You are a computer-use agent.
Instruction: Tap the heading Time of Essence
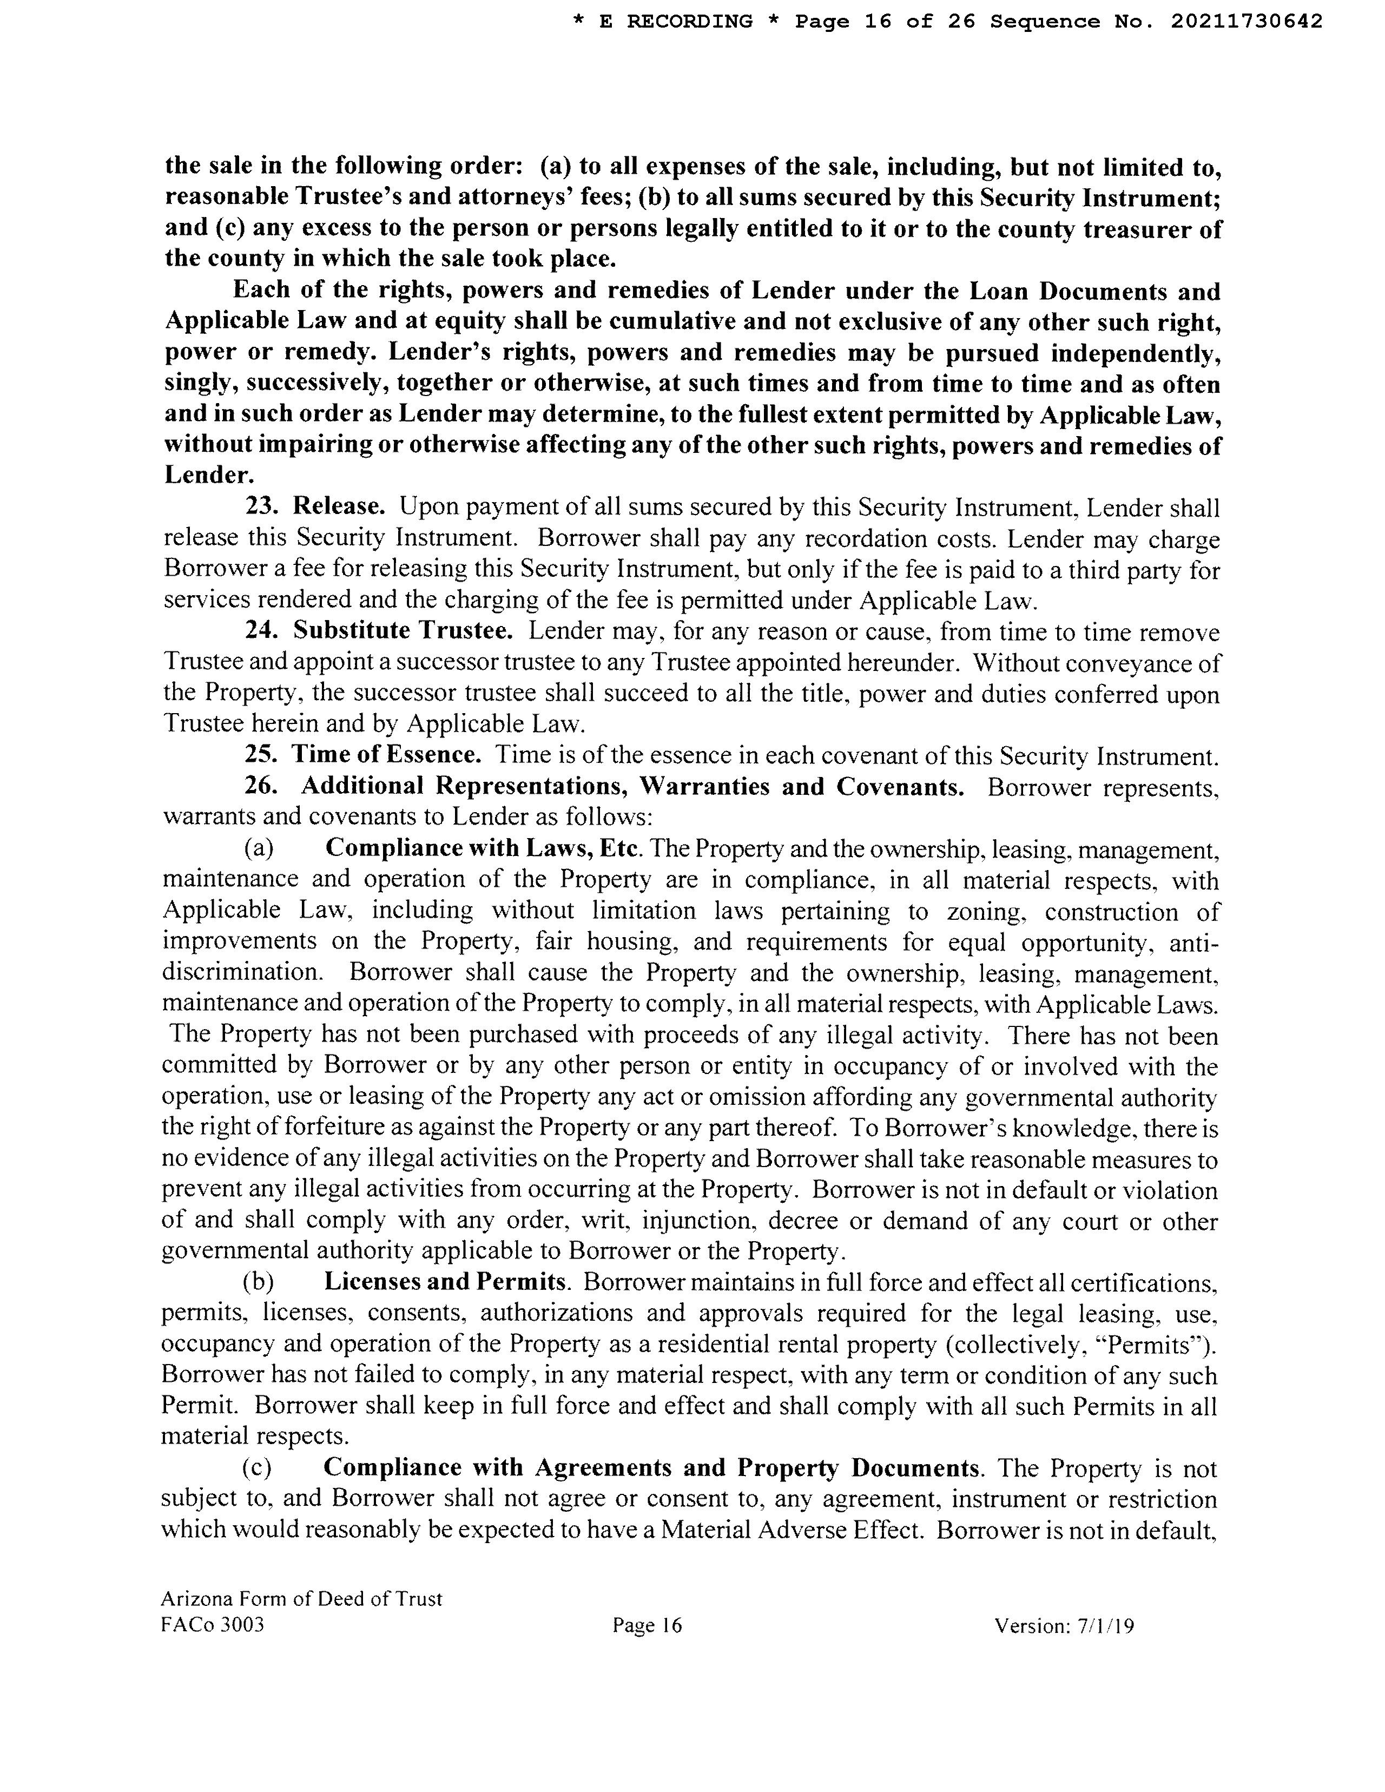(386, 755)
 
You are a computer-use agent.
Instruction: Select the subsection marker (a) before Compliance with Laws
(259, 848)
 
